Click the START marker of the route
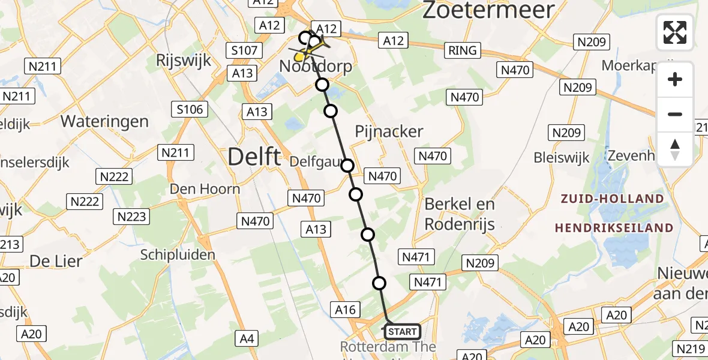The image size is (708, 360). (402, 332)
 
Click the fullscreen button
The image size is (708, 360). (675, 32)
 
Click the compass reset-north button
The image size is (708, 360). (675, 149)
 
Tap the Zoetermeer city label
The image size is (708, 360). (488, 11)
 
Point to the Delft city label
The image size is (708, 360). (254, 157)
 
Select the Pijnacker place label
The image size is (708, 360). (389, 131)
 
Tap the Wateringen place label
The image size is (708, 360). (104, 121)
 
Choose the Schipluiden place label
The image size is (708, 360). (178, 254)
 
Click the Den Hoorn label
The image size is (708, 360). (205, 189)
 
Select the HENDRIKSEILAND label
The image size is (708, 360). (614, 228)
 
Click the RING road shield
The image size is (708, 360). (463, 50)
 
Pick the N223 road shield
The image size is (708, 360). (131, 216)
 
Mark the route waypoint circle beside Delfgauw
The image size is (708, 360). (347, 166)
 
